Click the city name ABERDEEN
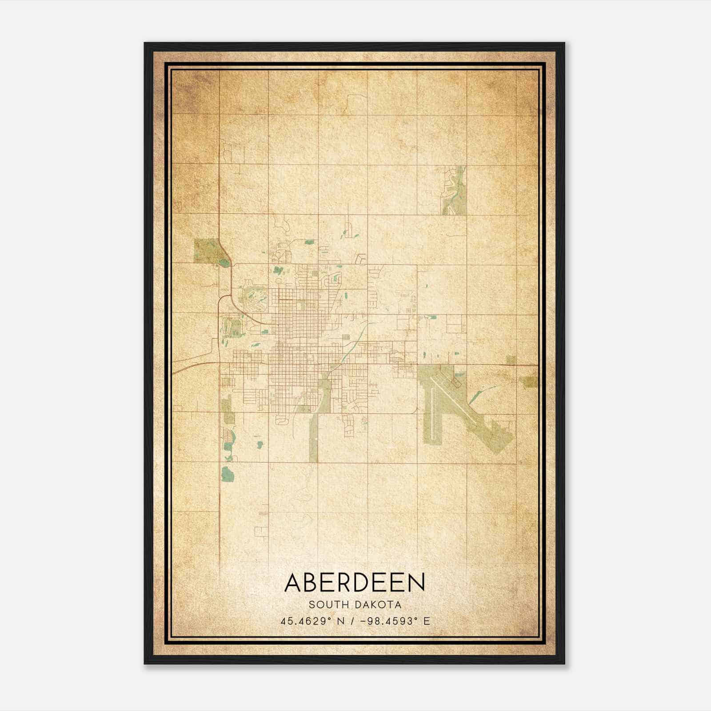click(355, 583)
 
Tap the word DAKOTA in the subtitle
click(378, 605)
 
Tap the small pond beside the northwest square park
click(224, 263)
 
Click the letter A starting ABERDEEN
click(293, 583)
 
